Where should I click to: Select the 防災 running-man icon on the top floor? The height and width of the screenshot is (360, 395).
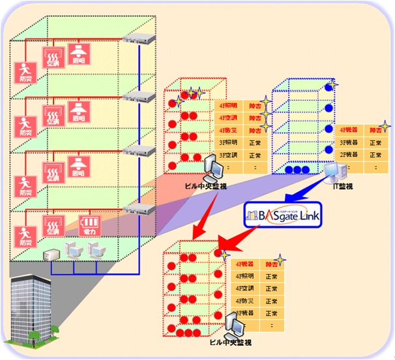point(24,71)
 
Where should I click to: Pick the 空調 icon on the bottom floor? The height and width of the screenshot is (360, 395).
point(53,226)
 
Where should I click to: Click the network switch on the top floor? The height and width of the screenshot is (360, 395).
point(139,39)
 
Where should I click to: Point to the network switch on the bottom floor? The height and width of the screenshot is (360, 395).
point(139,208)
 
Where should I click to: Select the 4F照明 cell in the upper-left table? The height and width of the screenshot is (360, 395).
point(228,105)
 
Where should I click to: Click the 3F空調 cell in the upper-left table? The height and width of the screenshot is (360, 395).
point(228,156)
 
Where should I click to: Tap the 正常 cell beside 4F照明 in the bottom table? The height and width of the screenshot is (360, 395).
point(271,277)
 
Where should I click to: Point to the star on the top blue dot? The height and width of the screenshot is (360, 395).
point(331,85)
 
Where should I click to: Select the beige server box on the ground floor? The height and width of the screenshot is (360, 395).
point(51,253)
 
